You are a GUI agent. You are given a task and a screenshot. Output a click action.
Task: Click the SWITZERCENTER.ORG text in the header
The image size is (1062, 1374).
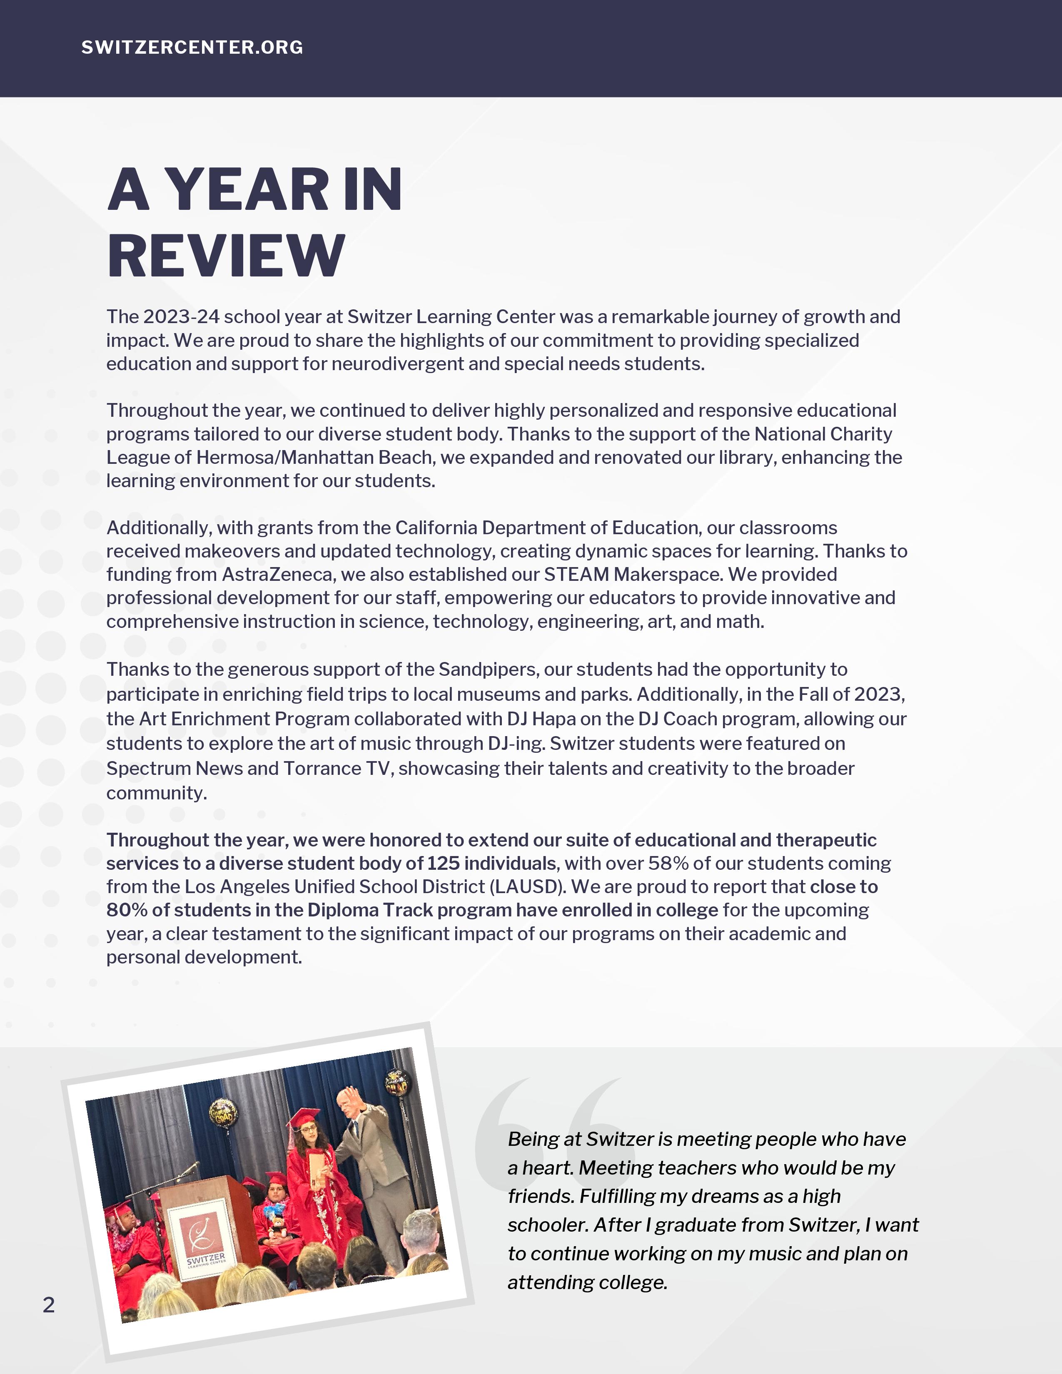pyautogui.click(x=192, y=47)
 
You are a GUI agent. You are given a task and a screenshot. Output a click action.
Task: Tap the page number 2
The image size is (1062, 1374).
pyautogui.click(x=48, y=1305)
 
